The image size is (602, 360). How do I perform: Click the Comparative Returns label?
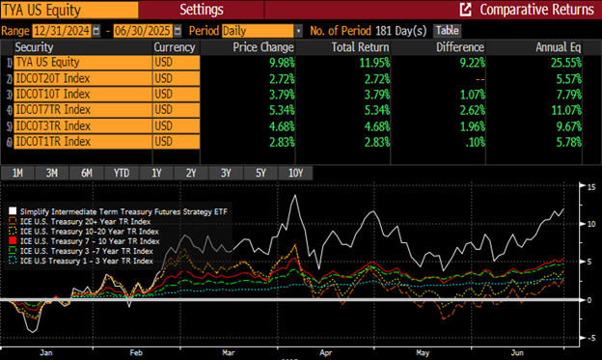coord(536,10)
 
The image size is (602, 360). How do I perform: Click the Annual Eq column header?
coord(567,46)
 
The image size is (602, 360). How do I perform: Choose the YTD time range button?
coord(120,173)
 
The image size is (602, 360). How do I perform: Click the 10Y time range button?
coord(296,173)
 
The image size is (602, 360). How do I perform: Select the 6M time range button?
coord(86,173)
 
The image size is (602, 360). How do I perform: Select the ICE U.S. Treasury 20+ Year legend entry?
coord(87,220)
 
